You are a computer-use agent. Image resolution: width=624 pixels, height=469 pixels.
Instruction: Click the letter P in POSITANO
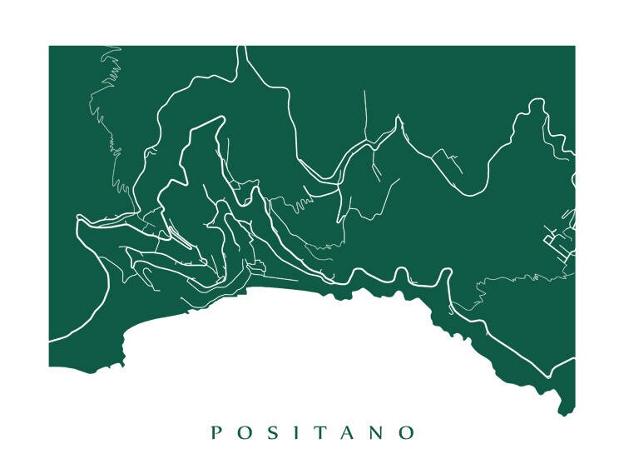point(215,432)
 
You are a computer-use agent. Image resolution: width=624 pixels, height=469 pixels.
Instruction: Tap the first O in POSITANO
point(243,432)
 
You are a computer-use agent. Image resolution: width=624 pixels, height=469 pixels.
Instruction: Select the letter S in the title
point(270,432)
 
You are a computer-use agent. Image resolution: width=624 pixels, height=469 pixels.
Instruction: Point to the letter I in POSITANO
point(292,432)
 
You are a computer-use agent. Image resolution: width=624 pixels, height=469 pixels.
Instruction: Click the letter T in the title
point(316,432)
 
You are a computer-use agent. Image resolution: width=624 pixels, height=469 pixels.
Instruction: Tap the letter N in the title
point(374,432)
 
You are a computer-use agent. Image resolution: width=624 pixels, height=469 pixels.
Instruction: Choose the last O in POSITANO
point(406,432)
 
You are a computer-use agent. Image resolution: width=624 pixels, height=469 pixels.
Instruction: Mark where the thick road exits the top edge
point(242,47)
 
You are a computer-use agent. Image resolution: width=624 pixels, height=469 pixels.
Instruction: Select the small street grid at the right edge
point(559,242)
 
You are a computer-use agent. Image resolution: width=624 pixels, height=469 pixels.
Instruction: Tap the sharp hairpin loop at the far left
point(79,220)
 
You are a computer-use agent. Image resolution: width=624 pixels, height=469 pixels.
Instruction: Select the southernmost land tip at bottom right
point(565,413)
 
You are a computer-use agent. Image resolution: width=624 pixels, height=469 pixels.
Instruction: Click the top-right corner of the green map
point(574,47)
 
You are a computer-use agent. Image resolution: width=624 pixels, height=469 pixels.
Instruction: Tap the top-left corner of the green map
point(50,47)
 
